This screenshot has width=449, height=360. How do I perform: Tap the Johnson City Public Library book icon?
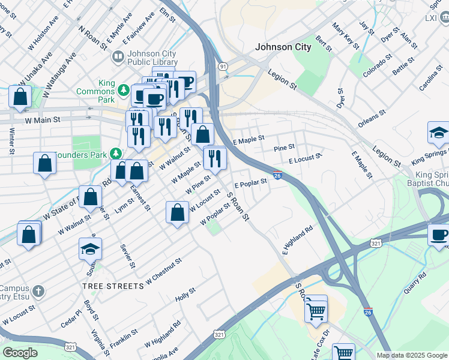[x=118, y=56]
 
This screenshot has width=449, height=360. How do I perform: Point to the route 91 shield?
[x=223, y=67]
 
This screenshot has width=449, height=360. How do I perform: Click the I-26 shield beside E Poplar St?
[x=277, y=175]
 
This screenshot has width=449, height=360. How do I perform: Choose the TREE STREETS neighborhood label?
[x=113, y=286]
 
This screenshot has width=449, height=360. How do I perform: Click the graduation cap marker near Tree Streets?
[x=90, y=250]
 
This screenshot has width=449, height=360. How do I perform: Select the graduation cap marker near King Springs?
[x=439, y=133]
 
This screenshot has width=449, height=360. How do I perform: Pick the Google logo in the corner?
[x=20, y=353]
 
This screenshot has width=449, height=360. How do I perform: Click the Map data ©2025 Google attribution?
[x=411, y=355]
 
